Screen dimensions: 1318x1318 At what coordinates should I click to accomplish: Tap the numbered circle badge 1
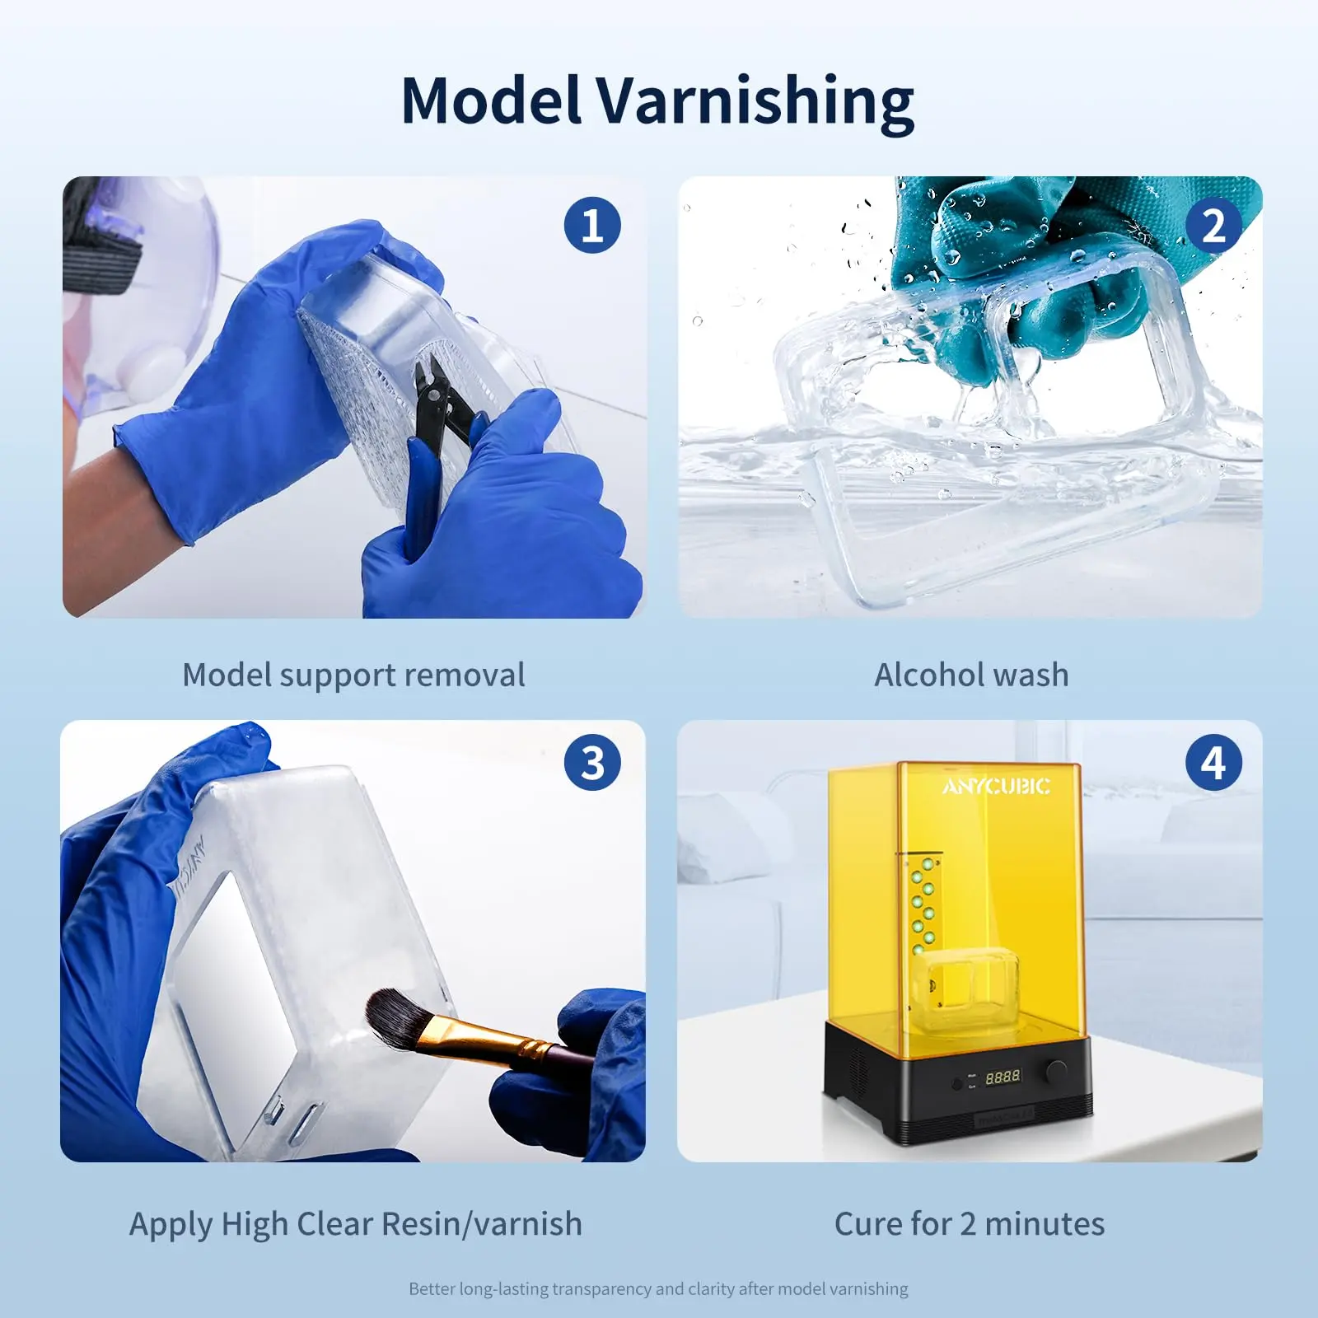pyautogui.click(x=592, y=225)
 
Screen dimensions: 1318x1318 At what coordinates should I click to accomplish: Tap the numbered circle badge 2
pyautogui.click(x=1213, y=225)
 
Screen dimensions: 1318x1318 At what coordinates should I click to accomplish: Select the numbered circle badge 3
pyautogui.click(x=592, y=763)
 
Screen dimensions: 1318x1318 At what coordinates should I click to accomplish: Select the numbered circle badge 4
pyautogui.click(x=1213, y=763)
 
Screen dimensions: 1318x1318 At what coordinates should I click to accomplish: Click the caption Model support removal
pyautogui.click(x=353, y=675)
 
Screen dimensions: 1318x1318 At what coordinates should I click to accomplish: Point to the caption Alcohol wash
pyautogui.click(x=971, y=675)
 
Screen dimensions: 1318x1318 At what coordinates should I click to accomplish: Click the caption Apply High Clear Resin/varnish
pyautogui.click(x=355, y=1224)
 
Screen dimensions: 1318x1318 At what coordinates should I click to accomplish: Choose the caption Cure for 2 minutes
pyautogui.click(x=970, y=1224)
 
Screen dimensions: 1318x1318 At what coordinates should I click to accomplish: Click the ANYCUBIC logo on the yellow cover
pyautogui.click(x=996, y=787)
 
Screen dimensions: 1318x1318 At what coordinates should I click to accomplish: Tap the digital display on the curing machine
pyautogui.click(x=1003, y=1077)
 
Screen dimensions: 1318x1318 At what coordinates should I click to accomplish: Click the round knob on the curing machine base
pyautogui.click(x=1056, y=1071)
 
